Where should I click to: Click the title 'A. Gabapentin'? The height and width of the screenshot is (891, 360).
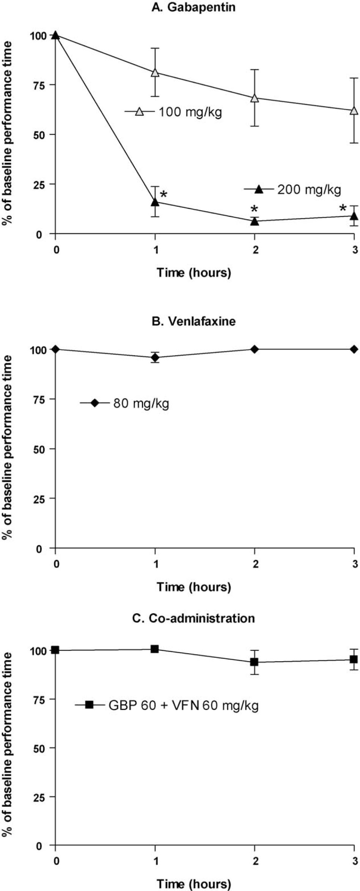click(193, 7)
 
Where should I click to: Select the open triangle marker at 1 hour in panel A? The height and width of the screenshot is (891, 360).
click(155, 72)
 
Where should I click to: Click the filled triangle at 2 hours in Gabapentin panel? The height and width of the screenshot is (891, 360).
click(255, 221)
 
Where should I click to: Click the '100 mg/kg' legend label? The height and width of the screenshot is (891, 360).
click(190, 112)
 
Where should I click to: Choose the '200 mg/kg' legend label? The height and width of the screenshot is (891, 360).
click(309, 189)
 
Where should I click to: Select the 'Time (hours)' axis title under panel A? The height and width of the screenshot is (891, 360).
click(193, 272)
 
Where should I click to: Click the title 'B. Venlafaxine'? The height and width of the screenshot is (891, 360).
click(193, 321)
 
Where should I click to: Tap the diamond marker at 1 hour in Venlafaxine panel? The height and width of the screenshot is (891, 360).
click(155, 357)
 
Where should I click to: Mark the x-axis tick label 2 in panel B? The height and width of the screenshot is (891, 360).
click(255, 564)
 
